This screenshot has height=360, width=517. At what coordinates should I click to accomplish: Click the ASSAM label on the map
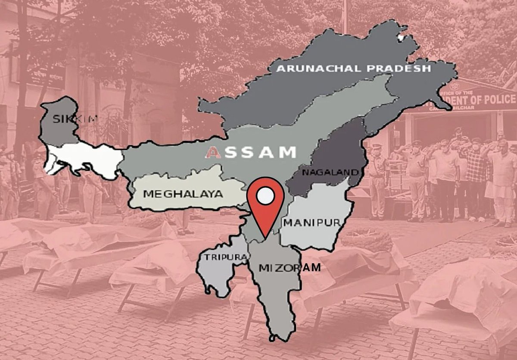[251, 152]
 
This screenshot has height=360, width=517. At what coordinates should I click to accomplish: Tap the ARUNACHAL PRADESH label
[353, 69]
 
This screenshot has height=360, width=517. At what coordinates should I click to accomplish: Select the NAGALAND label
[330, 173]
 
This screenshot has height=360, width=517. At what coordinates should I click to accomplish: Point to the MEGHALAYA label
[183, 194]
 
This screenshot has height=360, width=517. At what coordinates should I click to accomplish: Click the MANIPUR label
[312, 223]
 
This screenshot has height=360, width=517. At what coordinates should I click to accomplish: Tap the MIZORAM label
[290, 268]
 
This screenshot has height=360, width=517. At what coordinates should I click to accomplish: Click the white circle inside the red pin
[265, 196]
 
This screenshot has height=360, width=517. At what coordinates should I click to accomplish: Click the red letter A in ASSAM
[213, 152]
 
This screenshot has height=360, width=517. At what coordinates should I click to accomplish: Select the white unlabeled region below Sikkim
[86, 158]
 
